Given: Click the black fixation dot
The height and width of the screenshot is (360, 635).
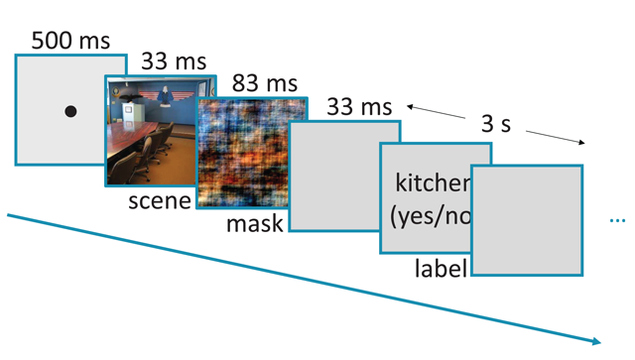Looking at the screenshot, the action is pyautogui.click(x=70, y=111).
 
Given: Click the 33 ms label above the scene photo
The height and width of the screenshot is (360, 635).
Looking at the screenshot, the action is pyautogui.click(x=173, y=61).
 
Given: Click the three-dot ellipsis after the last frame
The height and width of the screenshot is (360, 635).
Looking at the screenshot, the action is pyautogui.click(x=617, y=220).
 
